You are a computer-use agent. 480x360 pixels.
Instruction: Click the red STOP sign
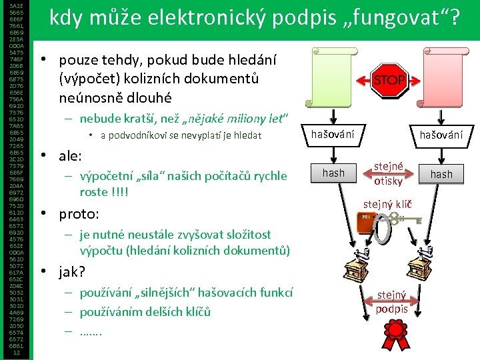tap(389, 80)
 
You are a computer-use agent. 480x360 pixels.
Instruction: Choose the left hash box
tap(333, 173)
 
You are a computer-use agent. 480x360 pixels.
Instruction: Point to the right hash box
tap(441, 174)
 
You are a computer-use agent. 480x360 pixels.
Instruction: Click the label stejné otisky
tap(388, 173)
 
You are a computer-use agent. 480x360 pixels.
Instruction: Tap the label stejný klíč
tap(387, 203)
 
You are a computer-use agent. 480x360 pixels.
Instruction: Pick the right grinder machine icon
tap(425, 267)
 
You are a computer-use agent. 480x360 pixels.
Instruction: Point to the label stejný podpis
tap(391, 301)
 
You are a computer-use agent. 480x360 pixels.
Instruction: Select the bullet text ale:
tap(70, 157)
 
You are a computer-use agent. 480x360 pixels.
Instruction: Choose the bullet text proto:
tap(79, 215)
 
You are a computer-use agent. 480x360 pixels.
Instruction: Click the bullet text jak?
tap(73, 272)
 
